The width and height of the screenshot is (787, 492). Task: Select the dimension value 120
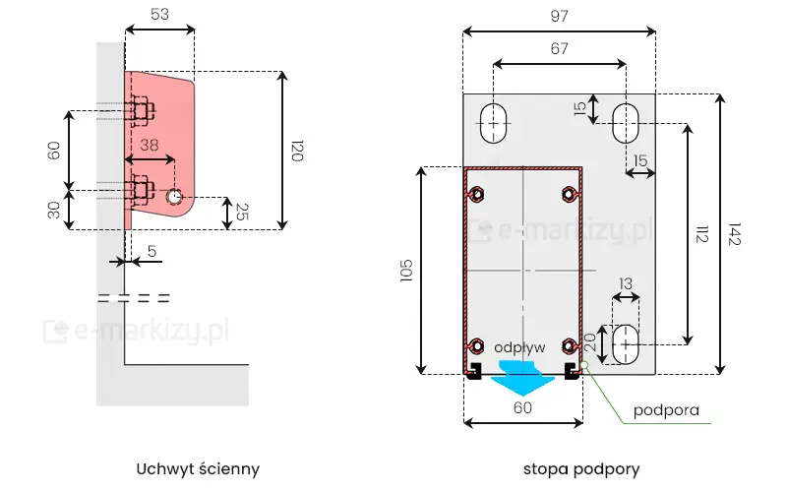(x=297, y=151)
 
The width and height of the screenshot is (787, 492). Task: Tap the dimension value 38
(x=148, y=144)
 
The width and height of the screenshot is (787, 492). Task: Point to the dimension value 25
(x=242, y=212)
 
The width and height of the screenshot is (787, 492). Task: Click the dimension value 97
(x=559, y=15)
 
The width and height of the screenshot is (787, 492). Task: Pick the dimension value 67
(x=559, y=49)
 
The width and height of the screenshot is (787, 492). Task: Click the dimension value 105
(x=407, y=271)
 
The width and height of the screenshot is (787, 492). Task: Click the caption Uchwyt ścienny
(x=199, y=468)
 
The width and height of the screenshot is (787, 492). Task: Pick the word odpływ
(x=520, y=347)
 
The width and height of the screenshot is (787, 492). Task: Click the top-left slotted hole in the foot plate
(x=493, y=122)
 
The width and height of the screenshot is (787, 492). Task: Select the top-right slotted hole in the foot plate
(x=625, y=122)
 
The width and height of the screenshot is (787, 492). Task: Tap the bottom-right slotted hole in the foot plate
(x=626, y=344)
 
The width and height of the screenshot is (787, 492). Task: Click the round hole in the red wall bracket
(x=174, y=197)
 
